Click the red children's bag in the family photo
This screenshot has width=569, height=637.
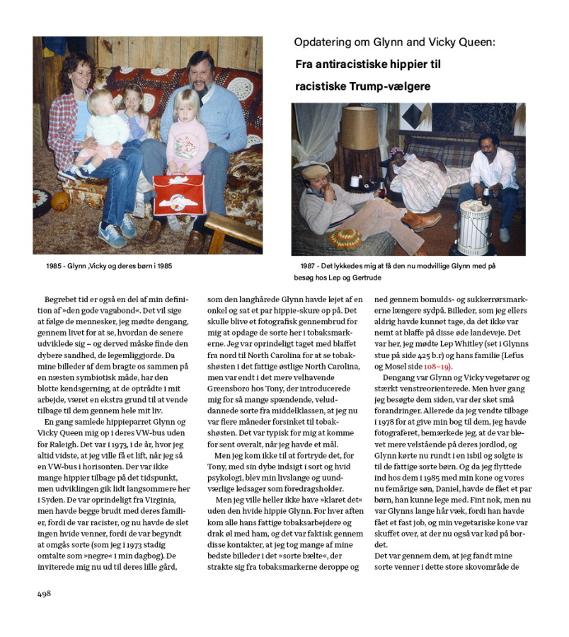tap(179, 194)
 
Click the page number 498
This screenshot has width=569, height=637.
tap(45, 594)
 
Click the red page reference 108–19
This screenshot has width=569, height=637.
tap(438, 366)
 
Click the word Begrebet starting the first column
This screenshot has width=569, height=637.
tap(61, 299)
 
